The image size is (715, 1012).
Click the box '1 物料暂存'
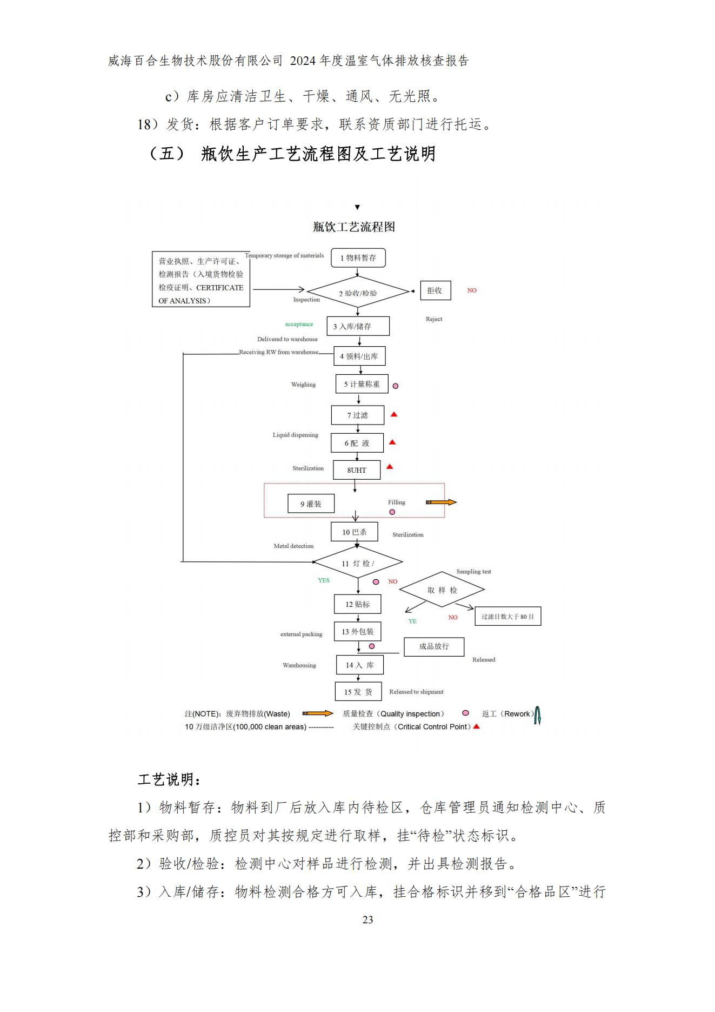click(358, 257)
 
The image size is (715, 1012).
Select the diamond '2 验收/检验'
click(358, 293)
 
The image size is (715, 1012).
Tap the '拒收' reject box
click(435, 290)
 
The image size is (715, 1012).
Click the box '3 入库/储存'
click(358, 326)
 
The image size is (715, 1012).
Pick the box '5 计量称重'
click(362, 384)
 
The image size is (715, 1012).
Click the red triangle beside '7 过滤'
click(394, 414)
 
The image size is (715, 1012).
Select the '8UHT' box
click(357, 470)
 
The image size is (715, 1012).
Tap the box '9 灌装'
click(311, 504)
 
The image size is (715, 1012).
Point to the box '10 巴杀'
click(354, 532)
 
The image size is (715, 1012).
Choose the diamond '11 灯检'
click(358, 563)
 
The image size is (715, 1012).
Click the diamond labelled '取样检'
click(442, 590)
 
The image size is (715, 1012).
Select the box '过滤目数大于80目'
click(507, 616)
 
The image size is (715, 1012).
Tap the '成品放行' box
click(434, 646)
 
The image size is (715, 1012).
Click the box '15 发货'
click(358, 692)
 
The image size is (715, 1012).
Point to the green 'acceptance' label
click(299, 325)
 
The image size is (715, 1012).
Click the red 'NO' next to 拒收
click(472, 290)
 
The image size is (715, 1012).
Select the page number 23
click(367, 920)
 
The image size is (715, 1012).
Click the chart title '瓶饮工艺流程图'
click(354, 227)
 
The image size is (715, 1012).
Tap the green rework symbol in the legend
click(537, 715)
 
